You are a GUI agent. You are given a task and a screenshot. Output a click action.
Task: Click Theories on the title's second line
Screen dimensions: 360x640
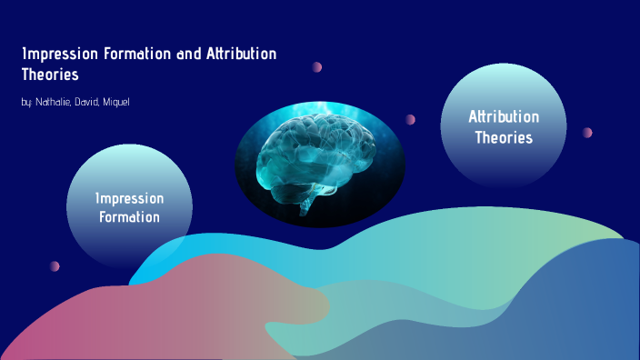(x=50, y=75)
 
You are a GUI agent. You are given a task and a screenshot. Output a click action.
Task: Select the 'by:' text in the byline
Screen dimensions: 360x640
(x=26, y=102)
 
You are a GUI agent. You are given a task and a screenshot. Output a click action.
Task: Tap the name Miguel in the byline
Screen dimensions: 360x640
(x=117, y=102)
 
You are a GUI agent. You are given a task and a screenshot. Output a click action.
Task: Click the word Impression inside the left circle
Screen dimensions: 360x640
(x=130, y=198)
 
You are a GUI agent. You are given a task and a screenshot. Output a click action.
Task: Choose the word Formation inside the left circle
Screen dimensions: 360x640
(x=130, y=217)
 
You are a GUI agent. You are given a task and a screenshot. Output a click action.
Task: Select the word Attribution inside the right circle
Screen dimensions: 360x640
(x=503, y=117)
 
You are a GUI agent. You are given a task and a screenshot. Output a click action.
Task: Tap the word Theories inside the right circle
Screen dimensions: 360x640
(x=503, y=138)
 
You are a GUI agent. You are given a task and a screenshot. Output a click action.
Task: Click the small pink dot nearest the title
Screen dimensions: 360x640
(x=317, y=66)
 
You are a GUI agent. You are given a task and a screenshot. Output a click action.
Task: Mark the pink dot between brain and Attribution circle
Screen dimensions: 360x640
(x=410, y=119)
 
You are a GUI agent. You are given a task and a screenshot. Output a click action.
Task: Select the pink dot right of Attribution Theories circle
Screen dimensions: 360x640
(x=587, y=132)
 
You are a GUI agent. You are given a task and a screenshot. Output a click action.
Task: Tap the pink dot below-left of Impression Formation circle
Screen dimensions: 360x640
(x=55, y=266)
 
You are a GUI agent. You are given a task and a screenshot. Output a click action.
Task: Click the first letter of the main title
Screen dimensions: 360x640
(x=24, y=55)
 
